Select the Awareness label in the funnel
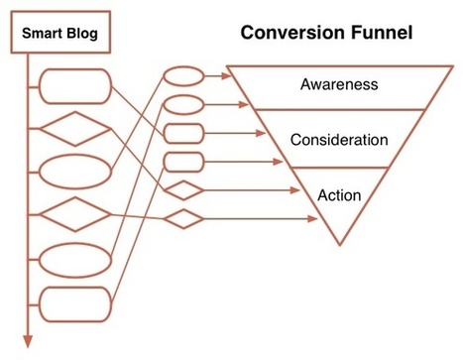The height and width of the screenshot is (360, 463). (339, 84)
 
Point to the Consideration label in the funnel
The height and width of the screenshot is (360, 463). (339, 140)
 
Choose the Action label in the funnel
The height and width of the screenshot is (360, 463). (339, 194)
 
